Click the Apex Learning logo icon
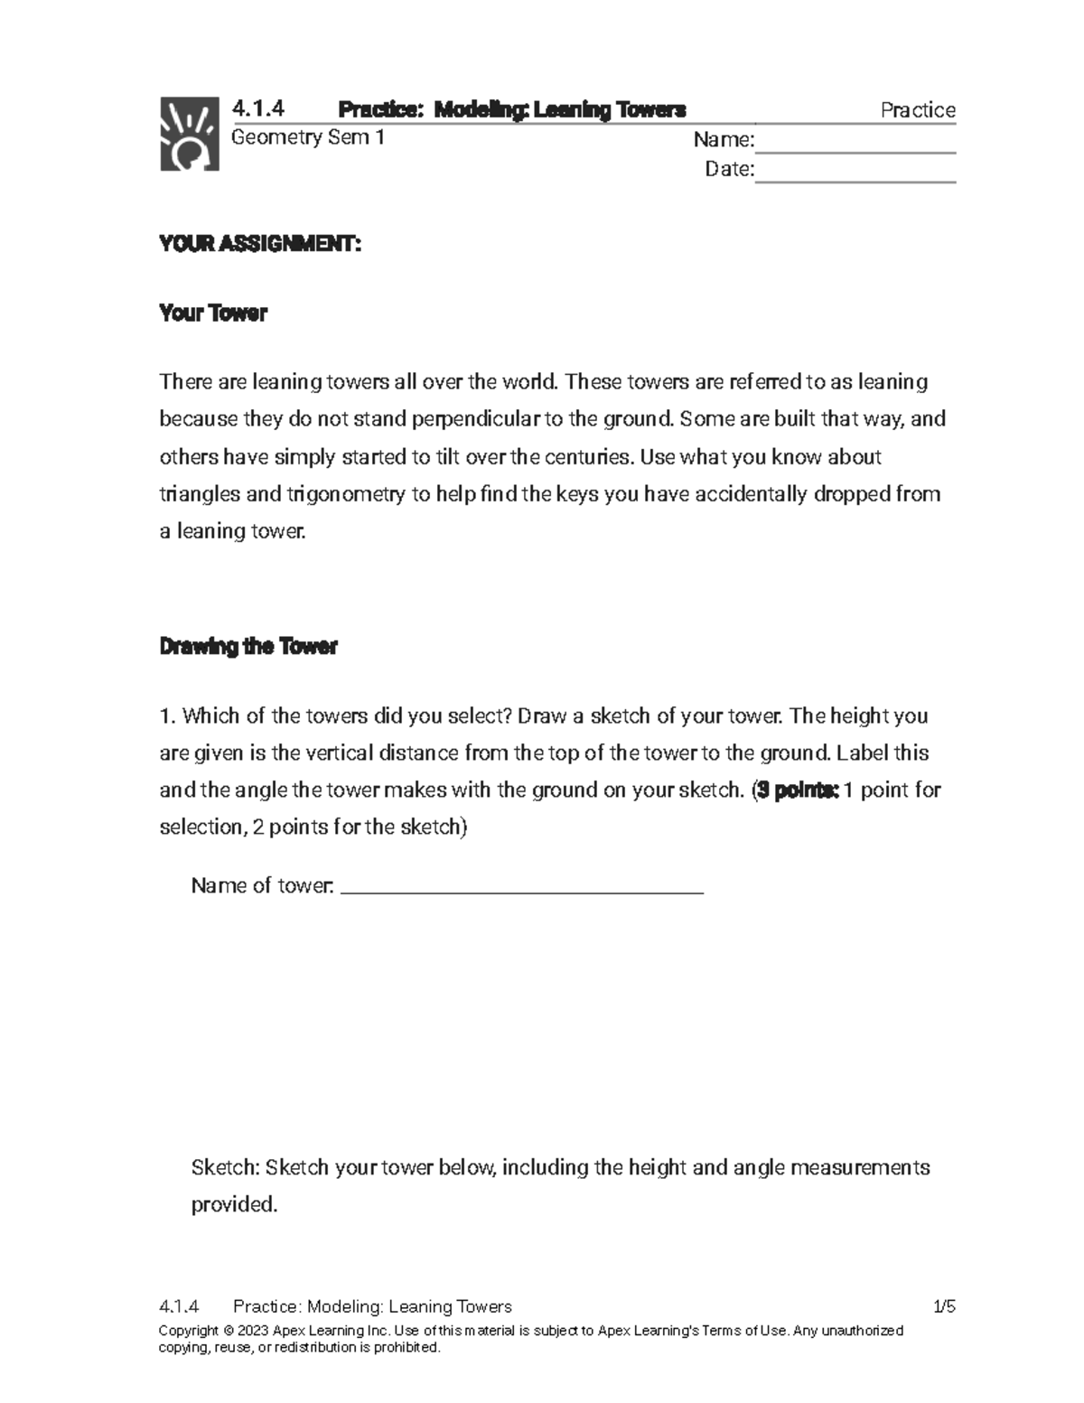(x=190, y=133)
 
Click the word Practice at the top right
(x=918, y=110)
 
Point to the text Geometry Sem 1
(x=308, y=137)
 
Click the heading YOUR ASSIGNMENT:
(x=260, y=244)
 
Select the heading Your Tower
(x=213, y=313)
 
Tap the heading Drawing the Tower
(x=248, y=647)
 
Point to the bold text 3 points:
(x=799, y=790)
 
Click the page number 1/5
(x=944, y=1306)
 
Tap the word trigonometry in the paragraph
(x=346, y=494)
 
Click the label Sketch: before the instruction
(x=225, y=1167)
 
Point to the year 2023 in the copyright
(x=254, y=1331)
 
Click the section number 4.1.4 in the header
(x=258, y=109)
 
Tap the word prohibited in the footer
(x=406, y=1348)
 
